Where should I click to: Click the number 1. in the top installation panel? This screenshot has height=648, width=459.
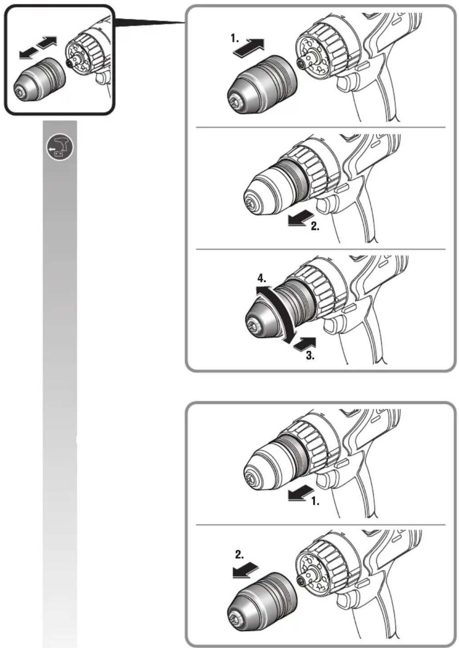click(235, 39)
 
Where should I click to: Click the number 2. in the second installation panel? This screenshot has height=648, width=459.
click(315, 226)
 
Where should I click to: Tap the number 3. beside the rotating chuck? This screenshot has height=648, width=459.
click(310, 355)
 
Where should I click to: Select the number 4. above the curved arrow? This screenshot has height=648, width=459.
click(262, 278)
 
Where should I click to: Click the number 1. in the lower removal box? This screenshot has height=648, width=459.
click(315, 501)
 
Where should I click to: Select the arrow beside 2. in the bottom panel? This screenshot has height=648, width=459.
click(246, 570)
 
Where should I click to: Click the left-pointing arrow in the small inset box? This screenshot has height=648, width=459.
click(29, 53)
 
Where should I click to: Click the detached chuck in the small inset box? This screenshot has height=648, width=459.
click(39, 79)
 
